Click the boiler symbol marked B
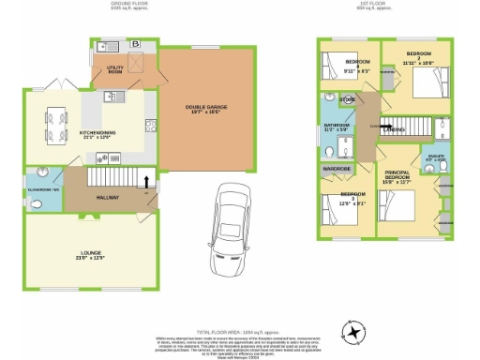(135, 44)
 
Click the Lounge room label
(81, 253)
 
